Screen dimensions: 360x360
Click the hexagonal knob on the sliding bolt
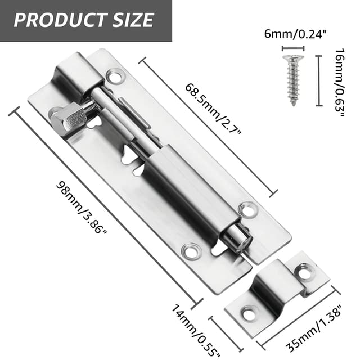(x=72, y=116)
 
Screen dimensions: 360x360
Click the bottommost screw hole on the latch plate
(x=192, y=251)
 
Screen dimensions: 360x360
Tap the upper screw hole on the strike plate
(x=304, y=273)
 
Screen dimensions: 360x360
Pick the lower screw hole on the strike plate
(x=248, y=313)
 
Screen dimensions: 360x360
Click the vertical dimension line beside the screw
(x=319, y=80)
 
